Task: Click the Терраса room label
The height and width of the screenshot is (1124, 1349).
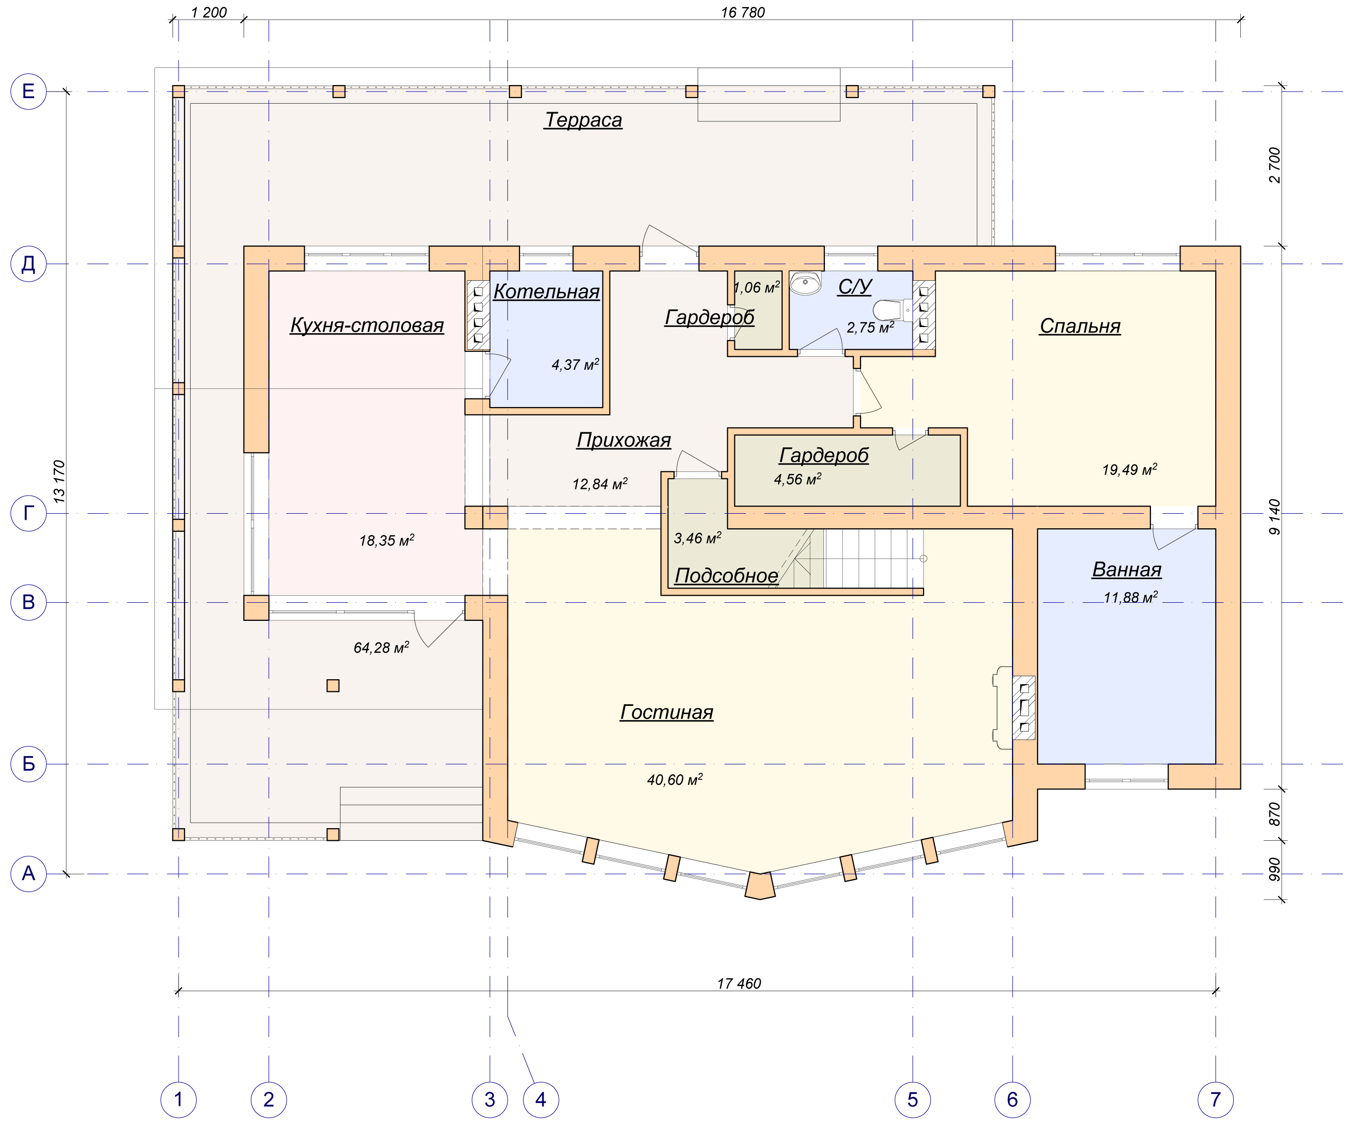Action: click(583, 120)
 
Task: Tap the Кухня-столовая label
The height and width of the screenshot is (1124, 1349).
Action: click(367, 325)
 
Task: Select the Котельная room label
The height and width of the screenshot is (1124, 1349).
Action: click(546, 291)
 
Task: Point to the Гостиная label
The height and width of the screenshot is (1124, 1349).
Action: click(667, 712)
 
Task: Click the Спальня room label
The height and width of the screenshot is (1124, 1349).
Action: click(1080, 327)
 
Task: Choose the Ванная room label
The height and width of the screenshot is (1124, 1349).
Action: click(1127, 570)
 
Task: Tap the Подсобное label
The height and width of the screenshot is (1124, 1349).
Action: click(726, 576)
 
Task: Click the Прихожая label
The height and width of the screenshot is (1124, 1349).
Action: click(624, 440)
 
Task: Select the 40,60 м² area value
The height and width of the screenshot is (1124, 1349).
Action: click(674, 779)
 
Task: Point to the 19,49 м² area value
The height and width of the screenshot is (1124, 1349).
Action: click(1129, 470)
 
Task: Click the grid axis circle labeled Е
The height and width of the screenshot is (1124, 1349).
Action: click(28, 91)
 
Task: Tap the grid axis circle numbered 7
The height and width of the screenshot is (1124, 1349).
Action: click(1215, 1099)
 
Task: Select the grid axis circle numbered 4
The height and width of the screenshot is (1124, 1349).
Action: click(540, 1099)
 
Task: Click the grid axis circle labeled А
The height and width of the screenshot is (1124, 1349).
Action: click(28, 873)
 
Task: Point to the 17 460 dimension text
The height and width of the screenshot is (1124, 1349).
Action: click(739, 1001)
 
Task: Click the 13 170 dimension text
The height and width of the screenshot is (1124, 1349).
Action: click(59, 481)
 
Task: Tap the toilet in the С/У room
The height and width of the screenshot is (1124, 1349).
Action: click(893, 310)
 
